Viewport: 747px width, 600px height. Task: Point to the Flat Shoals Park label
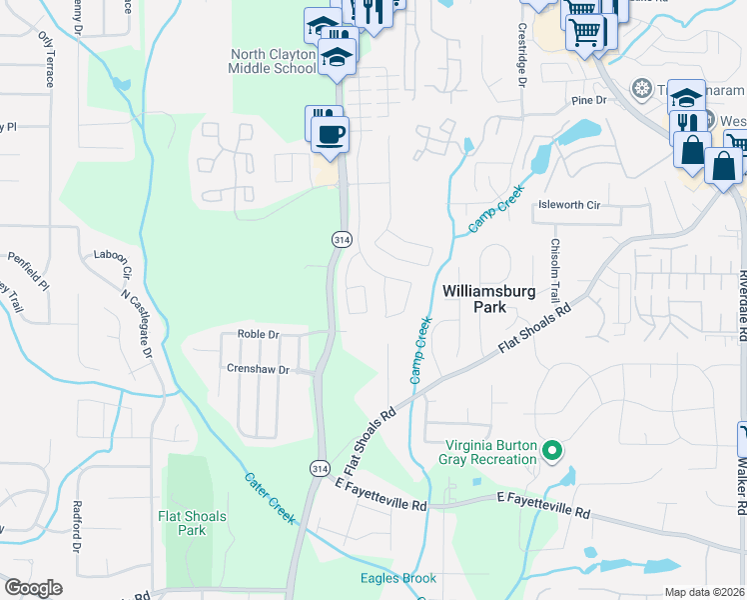(192, 523)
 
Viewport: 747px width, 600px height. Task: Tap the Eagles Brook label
(398, 578)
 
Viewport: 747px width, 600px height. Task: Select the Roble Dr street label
(256, 334)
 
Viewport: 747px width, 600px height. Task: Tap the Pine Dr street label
(588, 101)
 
